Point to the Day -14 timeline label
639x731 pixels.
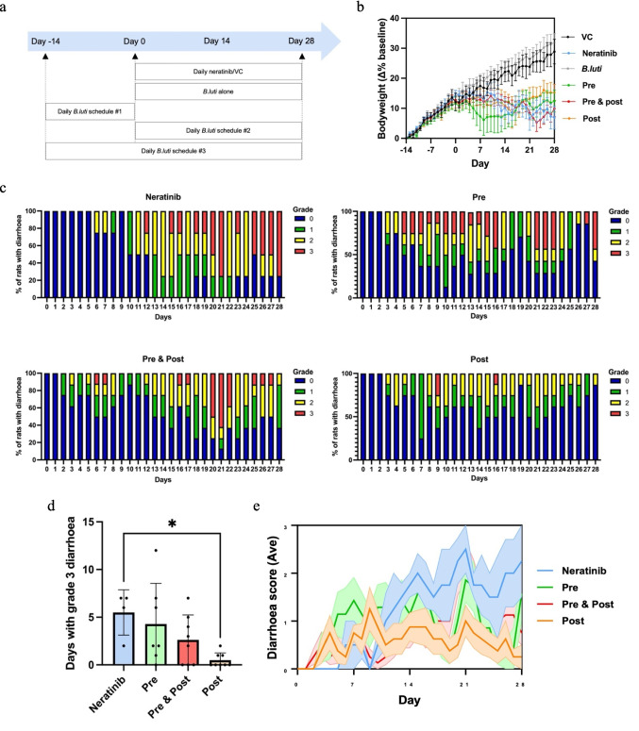point(44,42)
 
